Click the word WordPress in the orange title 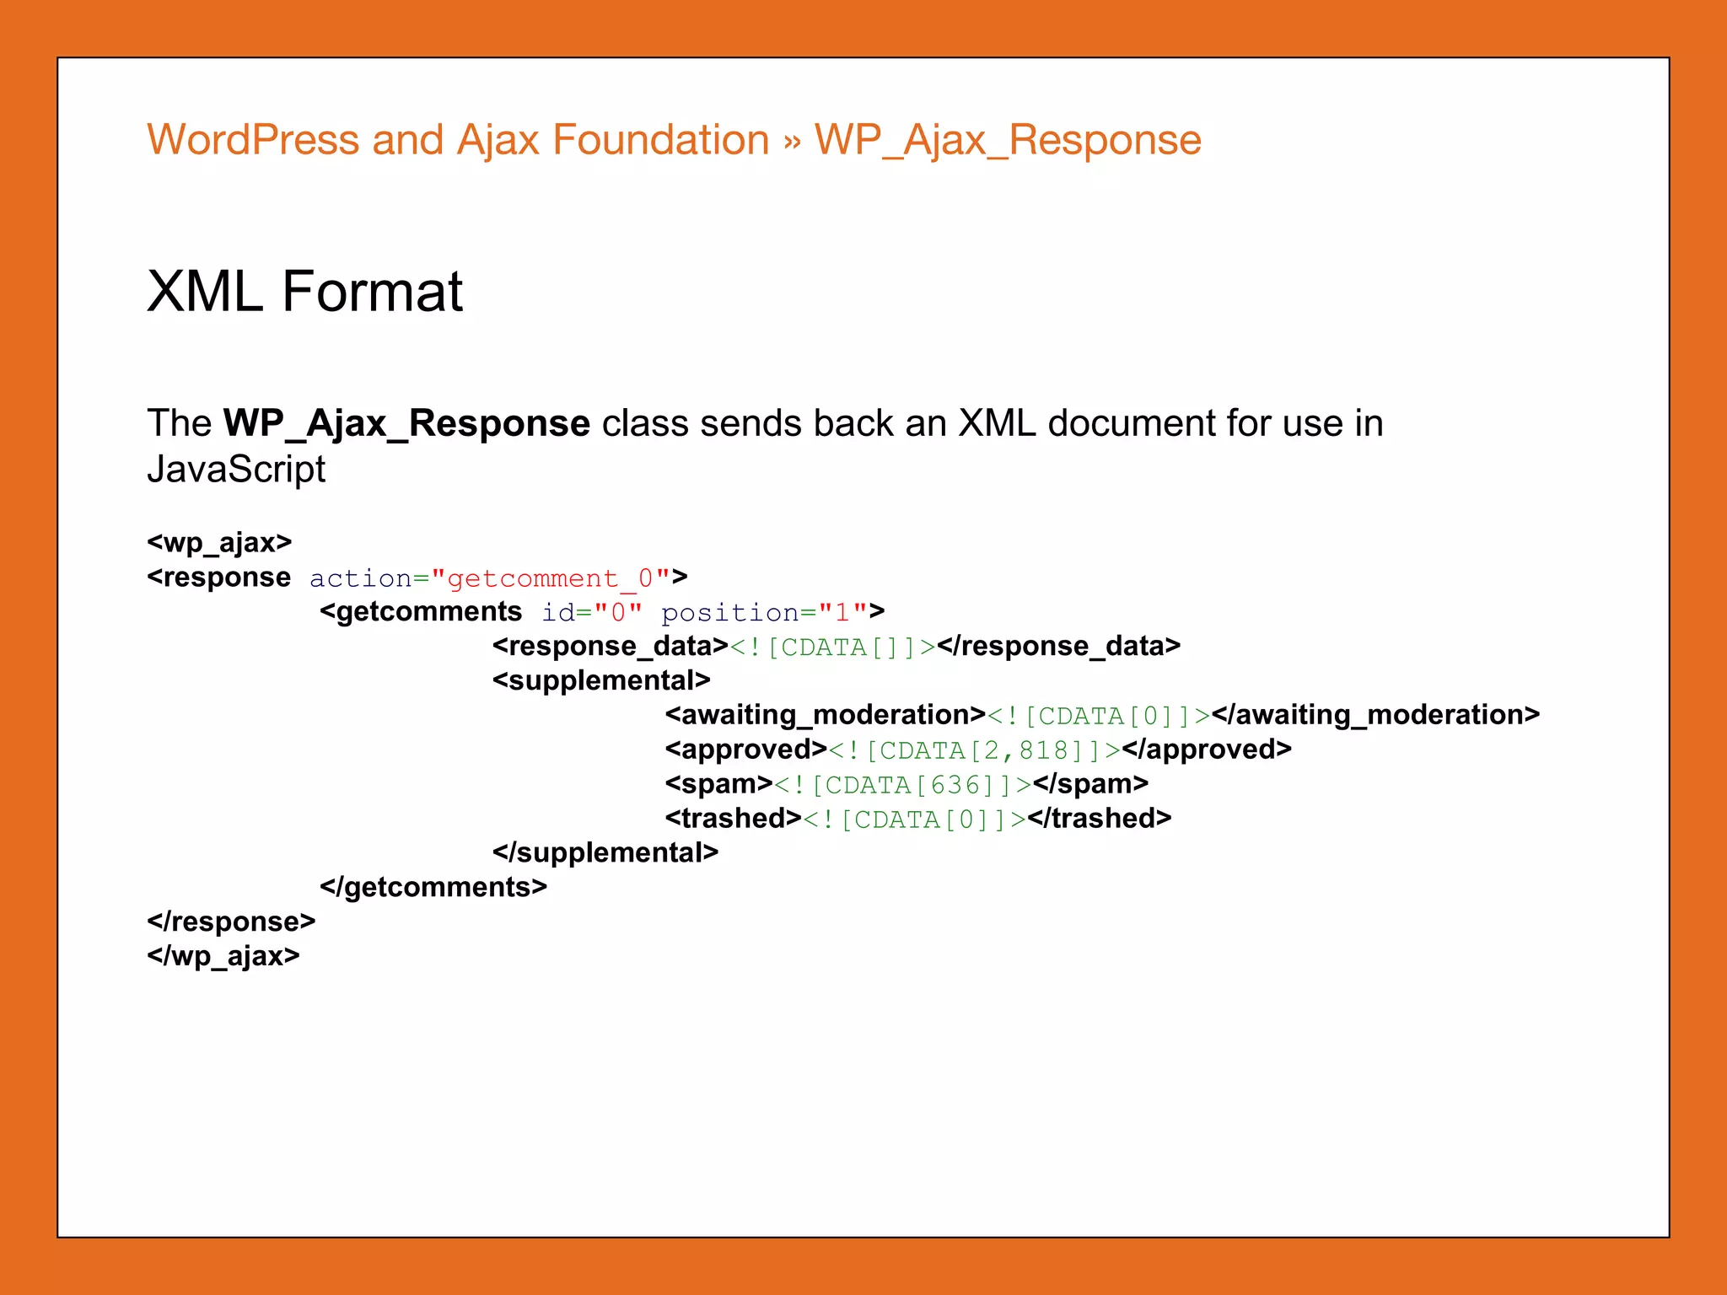[253, 140]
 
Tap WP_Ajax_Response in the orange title [1008, 140]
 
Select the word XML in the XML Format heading [205, 292]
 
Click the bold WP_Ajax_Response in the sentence [406, 423]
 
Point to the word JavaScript [236, 470]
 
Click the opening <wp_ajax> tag [219, 542]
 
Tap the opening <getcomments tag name [421, 611]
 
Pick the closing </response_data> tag [1058, 646]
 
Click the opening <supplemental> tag [601, 680]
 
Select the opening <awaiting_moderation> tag [825, 715]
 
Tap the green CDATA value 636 [955, 784]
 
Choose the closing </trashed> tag [1099, 819]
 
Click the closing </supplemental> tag [605, 853]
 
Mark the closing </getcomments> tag [433, 888]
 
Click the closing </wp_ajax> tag [223, 956]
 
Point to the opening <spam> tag [718, 784]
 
